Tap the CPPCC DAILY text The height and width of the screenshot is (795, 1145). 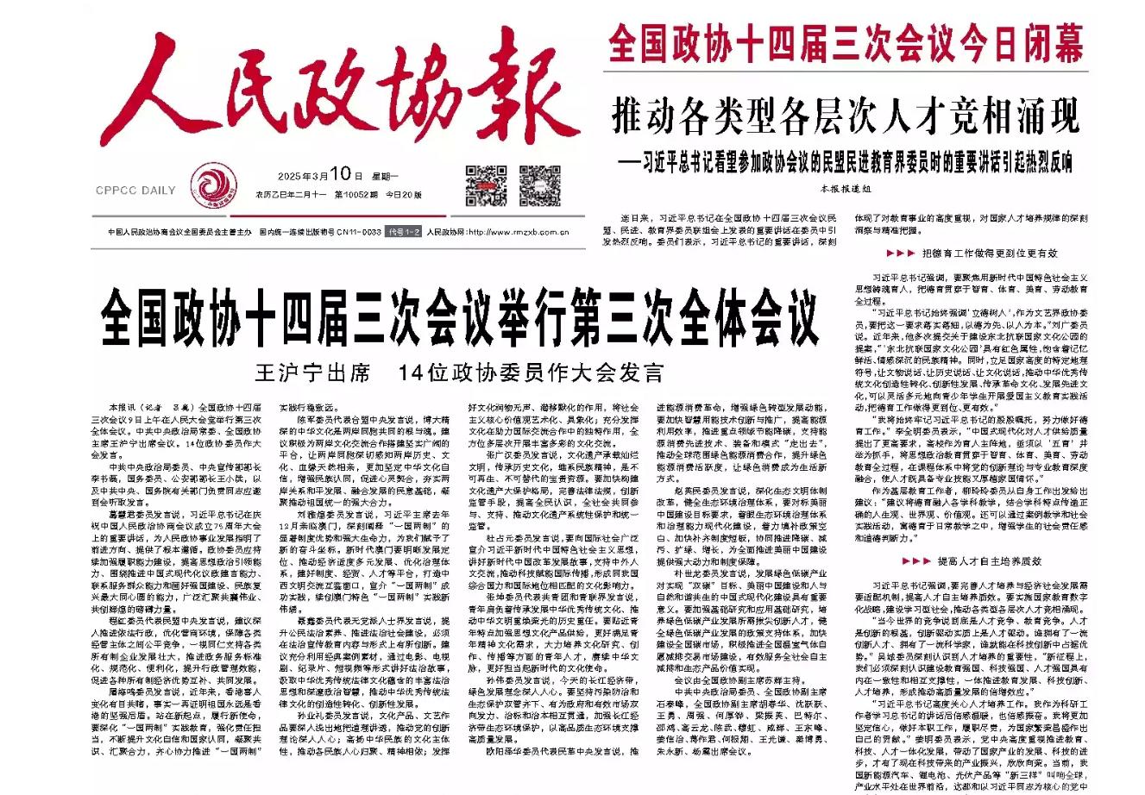[x=136, y=190]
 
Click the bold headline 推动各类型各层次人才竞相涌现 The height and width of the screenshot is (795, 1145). [x=845, y=112]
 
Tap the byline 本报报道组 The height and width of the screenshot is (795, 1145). [x=846, y=185]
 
